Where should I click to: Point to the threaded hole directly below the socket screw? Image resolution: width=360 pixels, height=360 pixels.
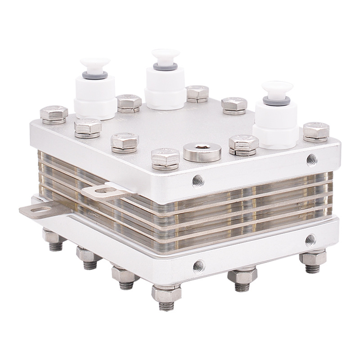197,180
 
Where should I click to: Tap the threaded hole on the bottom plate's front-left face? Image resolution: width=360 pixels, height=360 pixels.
197,266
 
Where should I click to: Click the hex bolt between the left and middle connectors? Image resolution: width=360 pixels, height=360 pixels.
129,102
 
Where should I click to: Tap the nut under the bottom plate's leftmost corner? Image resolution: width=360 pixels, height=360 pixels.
50,235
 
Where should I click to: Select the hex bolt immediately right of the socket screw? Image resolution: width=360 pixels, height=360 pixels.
243,145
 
